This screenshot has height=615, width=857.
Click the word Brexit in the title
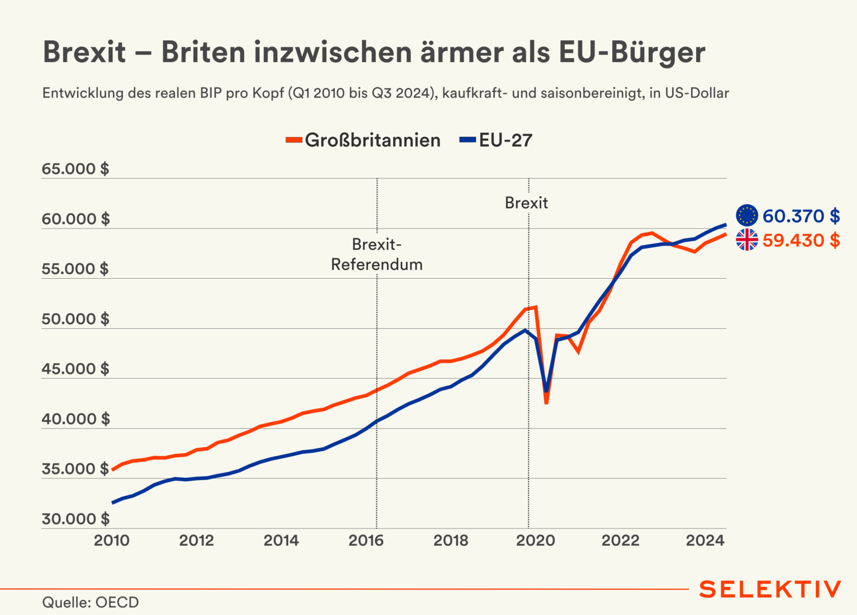(x=84, y=53)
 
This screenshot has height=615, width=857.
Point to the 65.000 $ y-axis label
(x=76, y=169)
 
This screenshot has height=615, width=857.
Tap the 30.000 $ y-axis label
(x=76, y=519)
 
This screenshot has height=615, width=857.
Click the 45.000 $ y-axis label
(x=76, y=369)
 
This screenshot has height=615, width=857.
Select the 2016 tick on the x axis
(x=366, y=540)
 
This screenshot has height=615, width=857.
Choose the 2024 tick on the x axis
(x=705, y=540)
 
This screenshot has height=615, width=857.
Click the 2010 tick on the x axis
(x=111, y=540)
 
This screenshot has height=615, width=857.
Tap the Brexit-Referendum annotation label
(x=377, y=254)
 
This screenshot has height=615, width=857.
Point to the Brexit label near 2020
(x=526, y=203)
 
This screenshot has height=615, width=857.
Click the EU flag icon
(x=747, y=216)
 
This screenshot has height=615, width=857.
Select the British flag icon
(x=747, y=239)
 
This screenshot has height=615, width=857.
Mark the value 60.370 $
(x=801, y=216)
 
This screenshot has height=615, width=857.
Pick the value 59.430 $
(x=801, y=240)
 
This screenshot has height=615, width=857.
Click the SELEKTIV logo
(x=770, y=589)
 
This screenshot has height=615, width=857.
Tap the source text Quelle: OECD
(x=90, y=602)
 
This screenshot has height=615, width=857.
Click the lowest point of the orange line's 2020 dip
(x=546, y=403)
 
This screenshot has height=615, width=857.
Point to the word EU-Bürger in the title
(x=632, y=53)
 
